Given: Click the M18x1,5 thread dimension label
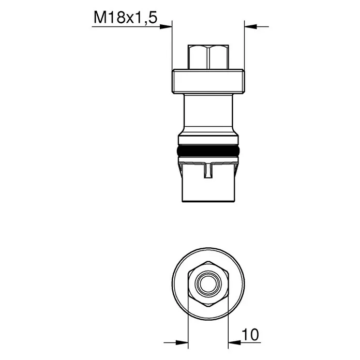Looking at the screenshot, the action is point(125,18).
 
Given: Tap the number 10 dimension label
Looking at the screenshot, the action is point(250,335).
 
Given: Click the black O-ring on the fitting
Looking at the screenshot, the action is point(208,151).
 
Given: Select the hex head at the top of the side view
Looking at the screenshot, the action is point(208,57).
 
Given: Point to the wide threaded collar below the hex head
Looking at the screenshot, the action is point(208,81).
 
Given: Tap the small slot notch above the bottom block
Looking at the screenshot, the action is point(208,171).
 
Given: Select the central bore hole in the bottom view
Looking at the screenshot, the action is point(208,284).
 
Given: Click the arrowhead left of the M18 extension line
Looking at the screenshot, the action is point(166,26).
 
